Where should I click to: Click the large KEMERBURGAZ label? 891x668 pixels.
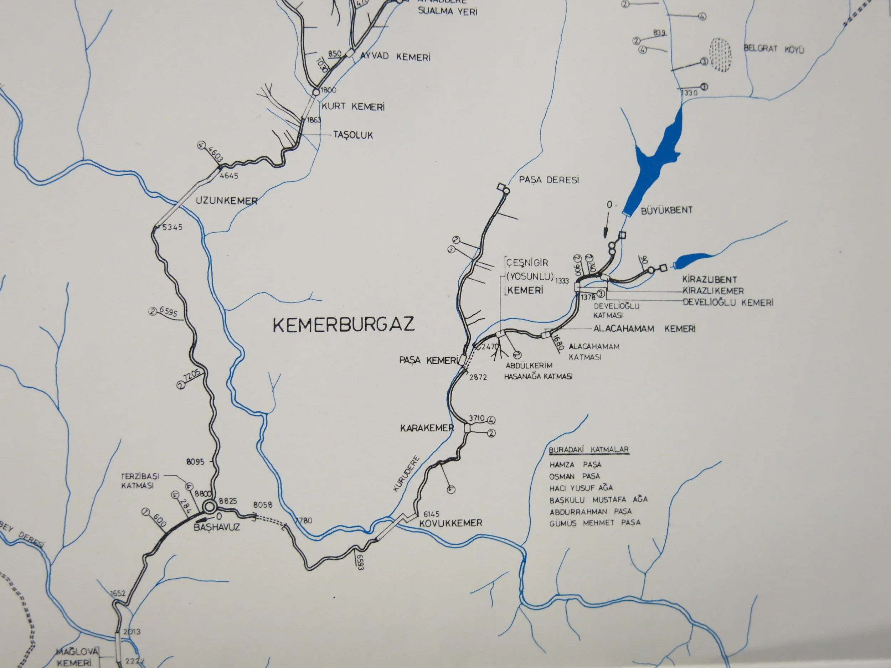[344, 325]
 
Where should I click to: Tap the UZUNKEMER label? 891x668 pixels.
[226, 201]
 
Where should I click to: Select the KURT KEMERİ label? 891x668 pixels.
[353, 107]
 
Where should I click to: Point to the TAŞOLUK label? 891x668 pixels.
[353, 135]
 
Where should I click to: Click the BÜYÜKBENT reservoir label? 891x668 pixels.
[666, 210]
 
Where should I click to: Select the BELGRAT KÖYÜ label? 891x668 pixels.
[773, 49]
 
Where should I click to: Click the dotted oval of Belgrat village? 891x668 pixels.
[721, 55]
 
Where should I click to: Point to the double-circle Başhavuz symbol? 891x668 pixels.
[209, 506]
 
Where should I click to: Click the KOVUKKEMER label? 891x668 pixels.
[451, 523]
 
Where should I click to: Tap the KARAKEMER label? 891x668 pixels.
[427, 428]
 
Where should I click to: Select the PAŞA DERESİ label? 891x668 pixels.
[548, 180]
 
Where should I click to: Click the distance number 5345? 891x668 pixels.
[172, 227]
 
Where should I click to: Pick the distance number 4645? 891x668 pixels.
[229, 176]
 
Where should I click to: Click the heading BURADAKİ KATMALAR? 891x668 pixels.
[589, 450]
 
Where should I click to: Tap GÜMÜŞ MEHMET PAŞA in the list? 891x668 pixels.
[595, 523]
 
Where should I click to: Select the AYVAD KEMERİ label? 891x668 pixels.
[395, 57]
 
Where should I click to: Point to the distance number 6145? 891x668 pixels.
[431, 514]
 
